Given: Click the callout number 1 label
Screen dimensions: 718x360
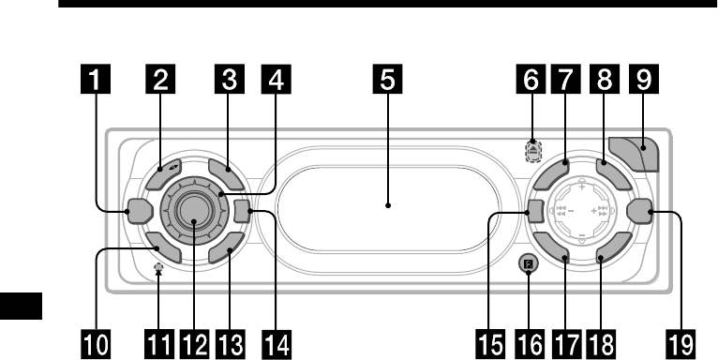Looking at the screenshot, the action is [x=96, y=79].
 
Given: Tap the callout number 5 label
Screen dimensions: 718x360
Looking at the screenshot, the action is [x=387, y=79].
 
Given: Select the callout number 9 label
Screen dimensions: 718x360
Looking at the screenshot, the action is [x=644, y=79].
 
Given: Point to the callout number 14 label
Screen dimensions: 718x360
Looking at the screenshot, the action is [x=277, y=344].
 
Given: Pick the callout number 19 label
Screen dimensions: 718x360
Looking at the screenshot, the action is [x=681, y=344].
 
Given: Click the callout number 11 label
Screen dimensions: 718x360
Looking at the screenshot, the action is [x=159, y=344].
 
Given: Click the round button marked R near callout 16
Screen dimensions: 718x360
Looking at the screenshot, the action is [x=529, y=263].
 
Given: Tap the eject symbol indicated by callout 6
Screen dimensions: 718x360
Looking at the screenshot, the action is [x=533, y=151].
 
